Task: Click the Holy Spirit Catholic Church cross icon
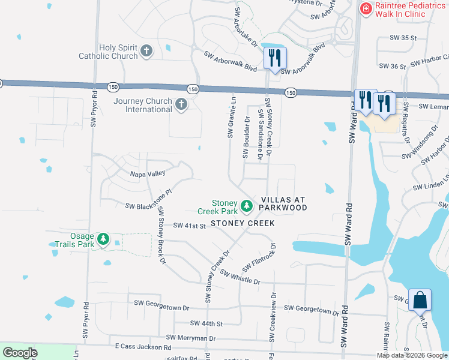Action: click(x=147, y=51)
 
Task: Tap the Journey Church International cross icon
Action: click(x=181, y=105)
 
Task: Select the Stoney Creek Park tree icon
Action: click(x=246, y=206)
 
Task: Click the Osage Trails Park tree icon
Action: click(x=104, y=240)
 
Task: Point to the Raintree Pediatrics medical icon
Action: click(x=365, y=8)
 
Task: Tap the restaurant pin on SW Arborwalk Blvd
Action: click(x=275, y=58)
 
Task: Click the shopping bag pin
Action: click(x=420, y=300)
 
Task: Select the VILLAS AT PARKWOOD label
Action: click(x=284, y=203)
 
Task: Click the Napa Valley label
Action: click(x=148, y=173)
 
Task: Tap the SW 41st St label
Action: click(x=190, y=226)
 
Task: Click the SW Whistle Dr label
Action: click(x=240, y=277)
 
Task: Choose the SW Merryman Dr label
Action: click(x=190, y=338)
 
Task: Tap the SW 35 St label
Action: click(x=403, y=38)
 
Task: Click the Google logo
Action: click(x=20, y=353)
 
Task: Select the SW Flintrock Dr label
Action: click(x=259, y=257)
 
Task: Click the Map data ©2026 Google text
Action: click(x=412, y=355)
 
